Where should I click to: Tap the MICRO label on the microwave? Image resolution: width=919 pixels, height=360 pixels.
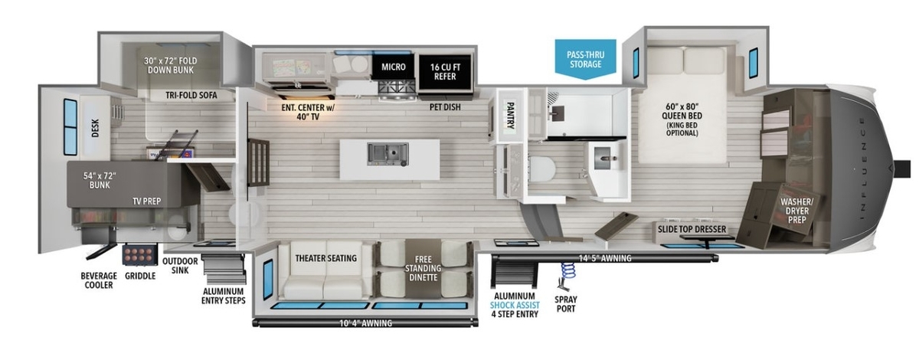(x=394, y=67)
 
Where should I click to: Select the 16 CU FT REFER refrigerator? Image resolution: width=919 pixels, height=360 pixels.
(x=445, y=72)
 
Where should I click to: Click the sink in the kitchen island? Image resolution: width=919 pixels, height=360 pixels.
(x=388, y=155)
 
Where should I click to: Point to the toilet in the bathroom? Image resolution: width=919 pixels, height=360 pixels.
(x=542, y=169)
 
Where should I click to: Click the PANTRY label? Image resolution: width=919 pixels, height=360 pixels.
(x=510, y=116)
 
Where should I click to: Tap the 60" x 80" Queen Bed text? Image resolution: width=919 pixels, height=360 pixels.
(x=682, y=111)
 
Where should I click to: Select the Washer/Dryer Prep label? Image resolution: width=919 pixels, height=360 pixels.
(x=796, y=211)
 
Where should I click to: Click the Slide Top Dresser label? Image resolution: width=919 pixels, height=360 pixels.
(x=692, y=229)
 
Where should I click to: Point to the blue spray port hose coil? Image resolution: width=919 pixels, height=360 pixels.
(x=567, y=270)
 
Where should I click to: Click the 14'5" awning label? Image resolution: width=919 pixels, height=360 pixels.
(x=605, y=258)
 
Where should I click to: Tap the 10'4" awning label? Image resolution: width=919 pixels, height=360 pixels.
(x=365, y=323)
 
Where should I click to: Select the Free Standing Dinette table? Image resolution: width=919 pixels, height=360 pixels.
(x=423, y=268)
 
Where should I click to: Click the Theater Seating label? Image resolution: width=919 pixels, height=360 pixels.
(x=326, y=258)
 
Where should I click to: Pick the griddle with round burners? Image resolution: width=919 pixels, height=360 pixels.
(x=139, y=254)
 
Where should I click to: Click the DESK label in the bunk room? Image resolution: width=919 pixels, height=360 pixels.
(x=95, y=129)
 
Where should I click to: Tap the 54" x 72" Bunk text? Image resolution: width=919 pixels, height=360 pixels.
(x=100, y=180)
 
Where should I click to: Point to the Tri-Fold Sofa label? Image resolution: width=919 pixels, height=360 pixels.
(x=191, y=95)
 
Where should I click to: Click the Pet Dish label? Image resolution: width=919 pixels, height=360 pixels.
(x=445, y=107)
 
